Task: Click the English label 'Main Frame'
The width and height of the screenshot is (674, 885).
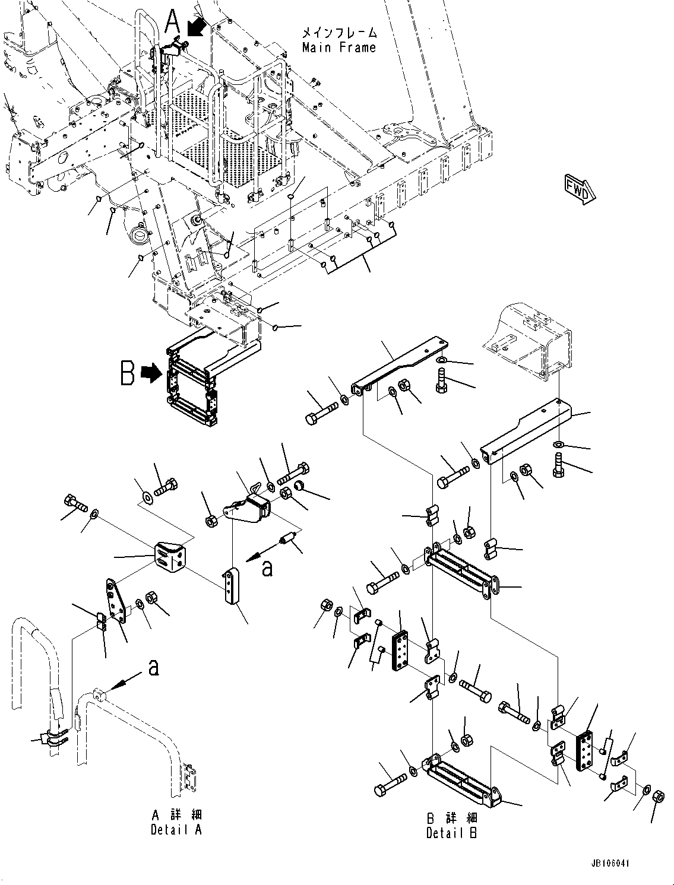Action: click(x=339, y=47)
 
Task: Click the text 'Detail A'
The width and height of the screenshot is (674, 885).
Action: click(x=176, y=830)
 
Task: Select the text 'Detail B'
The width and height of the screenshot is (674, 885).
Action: click(x=451, y=833)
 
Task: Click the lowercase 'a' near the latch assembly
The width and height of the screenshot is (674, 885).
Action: click(x=268, y=568)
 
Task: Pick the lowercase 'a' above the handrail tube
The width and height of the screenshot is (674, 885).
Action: click(x=154, y=669)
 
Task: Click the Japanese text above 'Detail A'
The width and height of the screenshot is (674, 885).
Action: click(x=176, y=814)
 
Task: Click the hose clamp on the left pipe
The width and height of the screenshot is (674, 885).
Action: click(x=53, y=738)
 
